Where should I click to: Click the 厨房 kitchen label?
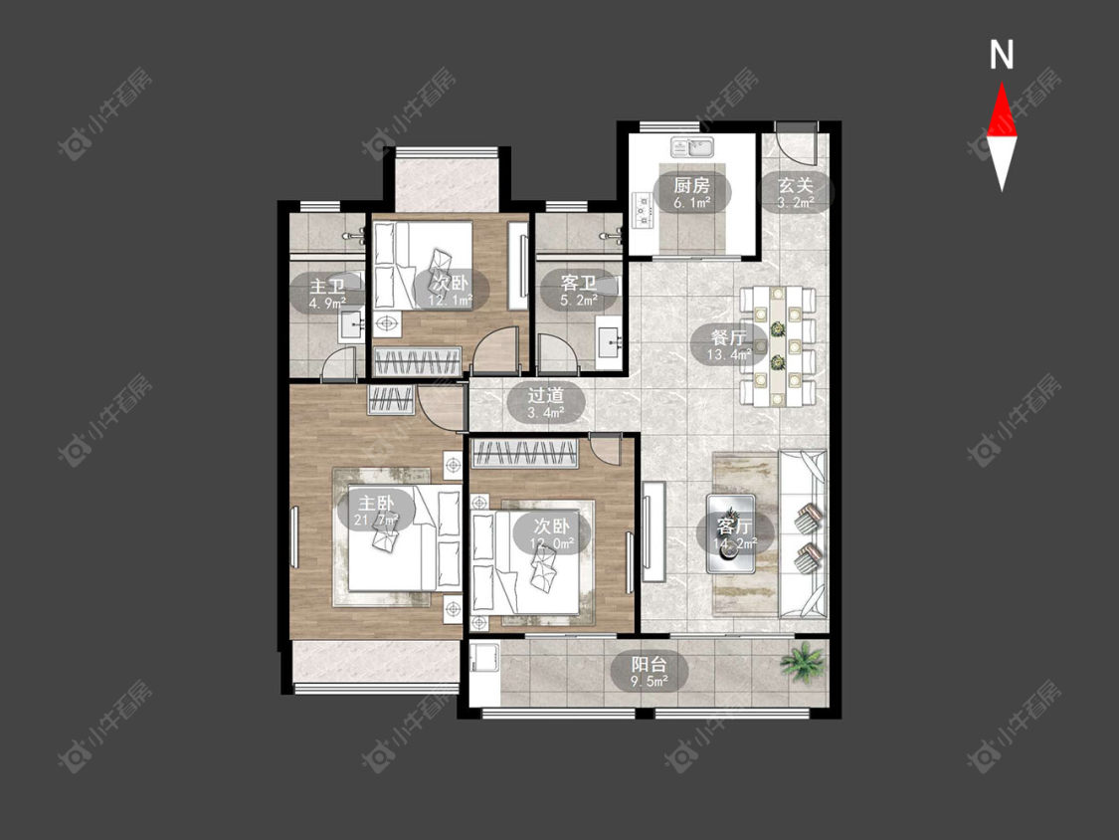click(691, 186)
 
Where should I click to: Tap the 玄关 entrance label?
click(795, 186)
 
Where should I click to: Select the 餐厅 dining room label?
click(729, 336)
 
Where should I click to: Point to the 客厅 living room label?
click(734, 526)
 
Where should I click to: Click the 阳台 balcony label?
click(649, 664)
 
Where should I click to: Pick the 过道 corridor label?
click(546, 395)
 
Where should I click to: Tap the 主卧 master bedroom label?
click(376, 503)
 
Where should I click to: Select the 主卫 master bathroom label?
click(327, 288)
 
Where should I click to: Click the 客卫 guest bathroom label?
click(578, 283)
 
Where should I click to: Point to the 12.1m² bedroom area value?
click(451, 301)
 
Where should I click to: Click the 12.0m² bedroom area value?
click(552, 544)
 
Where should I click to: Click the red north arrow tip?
click(1002, 83)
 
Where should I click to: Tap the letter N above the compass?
click(1002, 55)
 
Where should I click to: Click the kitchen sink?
click(691, 147)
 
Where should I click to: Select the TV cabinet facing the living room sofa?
click(653, 531)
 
